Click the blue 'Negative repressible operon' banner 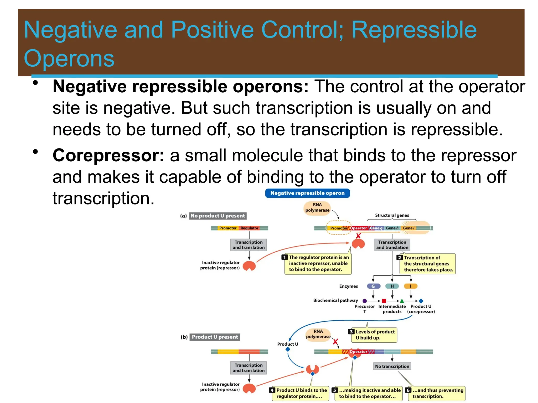pos(307,193)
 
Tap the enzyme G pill pos(373,286)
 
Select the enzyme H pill pos(392,286)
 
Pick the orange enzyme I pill pos(411,286)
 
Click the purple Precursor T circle pos(365,301)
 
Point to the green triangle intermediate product pos(402,301)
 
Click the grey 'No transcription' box pos(392,366)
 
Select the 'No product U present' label pos(218,216)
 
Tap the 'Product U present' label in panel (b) pos(215,337)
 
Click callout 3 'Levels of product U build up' pos(374,335)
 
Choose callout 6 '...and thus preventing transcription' pos(436,393)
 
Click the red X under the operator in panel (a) pos(358,236)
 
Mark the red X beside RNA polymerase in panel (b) pos(335,342)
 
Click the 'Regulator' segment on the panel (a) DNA pos(249,228)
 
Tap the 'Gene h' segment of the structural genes pos(392,228)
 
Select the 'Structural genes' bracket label pos(392,215)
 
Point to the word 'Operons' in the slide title pos(69,58)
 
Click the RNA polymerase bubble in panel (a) pos(317,208)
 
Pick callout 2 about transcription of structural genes pos(427,264)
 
